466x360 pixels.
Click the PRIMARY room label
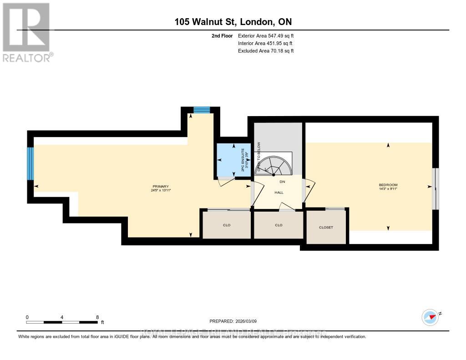click(161, 186)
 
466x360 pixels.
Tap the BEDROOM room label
click(388, 185)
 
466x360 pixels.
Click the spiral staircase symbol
click(274, 166)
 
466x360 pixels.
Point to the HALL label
click(279, 193)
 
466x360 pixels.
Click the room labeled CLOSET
click(326, 227)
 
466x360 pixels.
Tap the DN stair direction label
click(282, 182)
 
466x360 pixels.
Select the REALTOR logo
click(27, 32)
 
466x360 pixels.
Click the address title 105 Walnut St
click(233, 22)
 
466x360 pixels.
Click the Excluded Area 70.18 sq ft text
click(266, 51)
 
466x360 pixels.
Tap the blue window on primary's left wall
click(30, 163)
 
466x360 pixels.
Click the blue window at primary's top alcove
click(201, 110)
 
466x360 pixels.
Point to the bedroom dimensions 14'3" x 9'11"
click(388, 189)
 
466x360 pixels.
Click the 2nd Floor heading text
click(222, 35)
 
